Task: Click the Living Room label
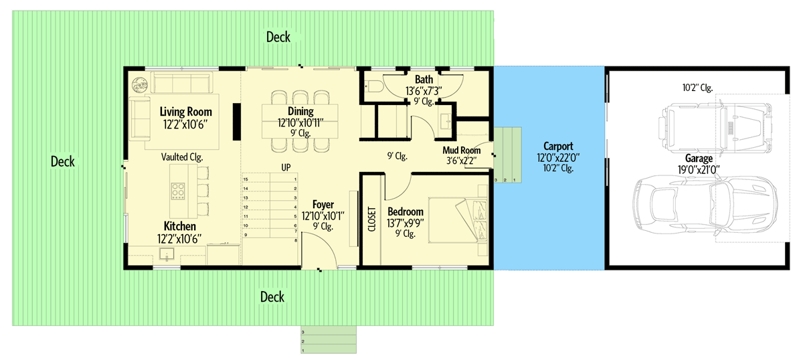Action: [185, 112]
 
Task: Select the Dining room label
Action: [300, 111]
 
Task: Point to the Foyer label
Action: [323, 204]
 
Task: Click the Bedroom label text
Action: [406, 211]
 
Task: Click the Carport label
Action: [557, 146]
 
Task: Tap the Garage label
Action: [698, 159]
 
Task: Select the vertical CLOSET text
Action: [372, 218]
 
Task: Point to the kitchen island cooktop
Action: [178, 191]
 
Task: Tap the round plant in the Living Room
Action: [140, 84]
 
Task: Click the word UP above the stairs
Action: [286, 167]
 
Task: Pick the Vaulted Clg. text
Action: [182, 157]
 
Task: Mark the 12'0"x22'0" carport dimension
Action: [557, 157]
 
